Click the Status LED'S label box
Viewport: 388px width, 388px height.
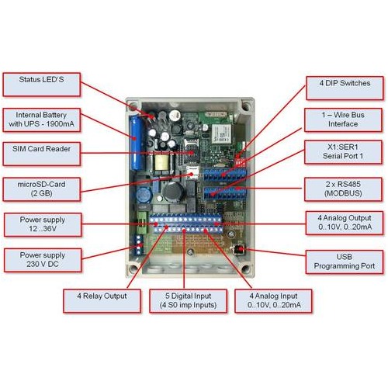click(41, 85)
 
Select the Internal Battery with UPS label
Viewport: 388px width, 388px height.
click(41, 120)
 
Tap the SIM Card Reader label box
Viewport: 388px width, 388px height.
click(41, 154)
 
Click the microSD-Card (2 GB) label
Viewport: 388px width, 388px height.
click(41, 189)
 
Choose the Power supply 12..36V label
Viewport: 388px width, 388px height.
click(43, 224)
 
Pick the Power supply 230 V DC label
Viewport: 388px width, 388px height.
click(43, 260)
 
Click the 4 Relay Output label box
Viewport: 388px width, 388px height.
click(102, 301)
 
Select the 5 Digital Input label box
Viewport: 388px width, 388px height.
click(188, 301)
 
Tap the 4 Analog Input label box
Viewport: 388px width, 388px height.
click(273, 301)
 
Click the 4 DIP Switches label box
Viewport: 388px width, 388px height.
click(345, 88)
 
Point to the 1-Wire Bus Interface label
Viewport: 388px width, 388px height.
click(343, 120)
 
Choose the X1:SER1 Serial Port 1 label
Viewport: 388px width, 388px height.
click(343, 152)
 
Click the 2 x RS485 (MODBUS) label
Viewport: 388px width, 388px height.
click(343, 189)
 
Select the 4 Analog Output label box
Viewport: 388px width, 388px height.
click(345, 223)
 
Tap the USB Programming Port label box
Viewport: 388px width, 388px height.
click(345, 262)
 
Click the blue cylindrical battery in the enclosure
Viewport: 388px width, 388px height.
click(136, 143)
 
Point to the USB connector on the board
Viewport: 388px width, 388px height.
click(239, 249)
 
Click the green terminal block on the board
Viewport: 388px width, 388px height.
click(142, 223)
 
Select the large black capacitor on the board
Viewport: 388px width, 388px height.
click(173, 192)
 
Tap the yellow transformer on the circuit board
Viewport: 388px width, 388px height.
click(161, 162)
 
